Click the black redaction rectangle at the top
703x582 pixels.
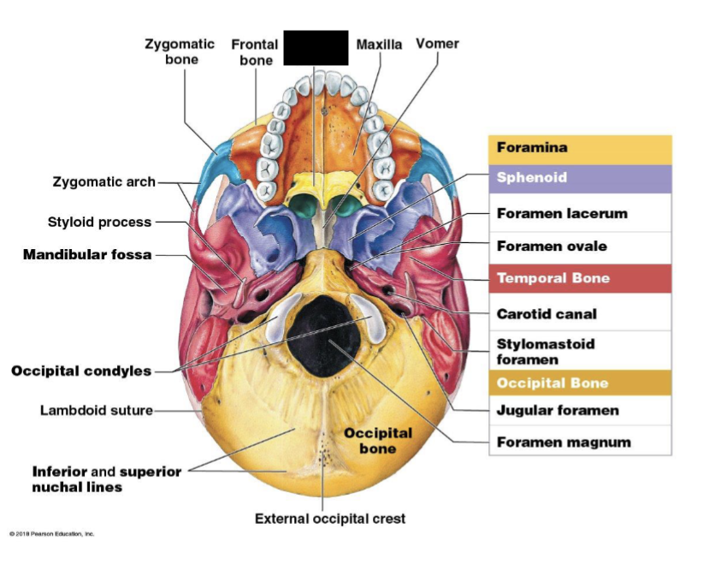(x=316, y=48)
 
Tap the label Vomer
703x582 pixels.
(x=437, y=44)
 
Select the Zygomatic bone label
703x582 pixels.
(x=181, y=51)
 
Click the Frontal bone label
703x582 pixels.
(x=255, y=52)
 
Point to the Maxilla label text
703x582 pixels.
(x=379, y=45)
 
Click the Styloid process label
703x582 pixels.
(x=99, y=223)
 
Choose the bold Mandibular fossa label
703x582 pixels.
(x=87, y=255)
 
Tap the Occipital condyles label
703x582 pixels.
(x=81, y=371)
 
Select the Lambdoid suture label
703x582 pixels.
(x=97, y=411)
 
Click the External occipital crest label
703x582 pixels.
(x=330, y=519)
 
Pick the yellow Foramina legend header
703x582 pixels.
(x=580, y=149)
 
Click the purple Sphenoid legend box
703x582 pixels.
(x=580, y=179)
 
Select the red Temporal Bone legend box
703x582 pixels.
(x=580, y=279)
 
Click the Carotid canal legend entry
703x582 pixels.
(x=546, y=314)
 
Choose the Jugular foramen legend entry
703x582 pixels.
(x=558, y=411)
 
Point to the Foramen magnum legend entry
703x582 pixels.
(x=564, y=442)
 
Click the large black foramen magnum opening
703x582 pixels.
(x=322, y=330)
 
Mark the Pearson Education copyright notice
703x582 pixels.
(x=52, y=534)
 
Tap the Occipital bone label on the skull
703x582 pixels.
(x=378, y=441)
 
